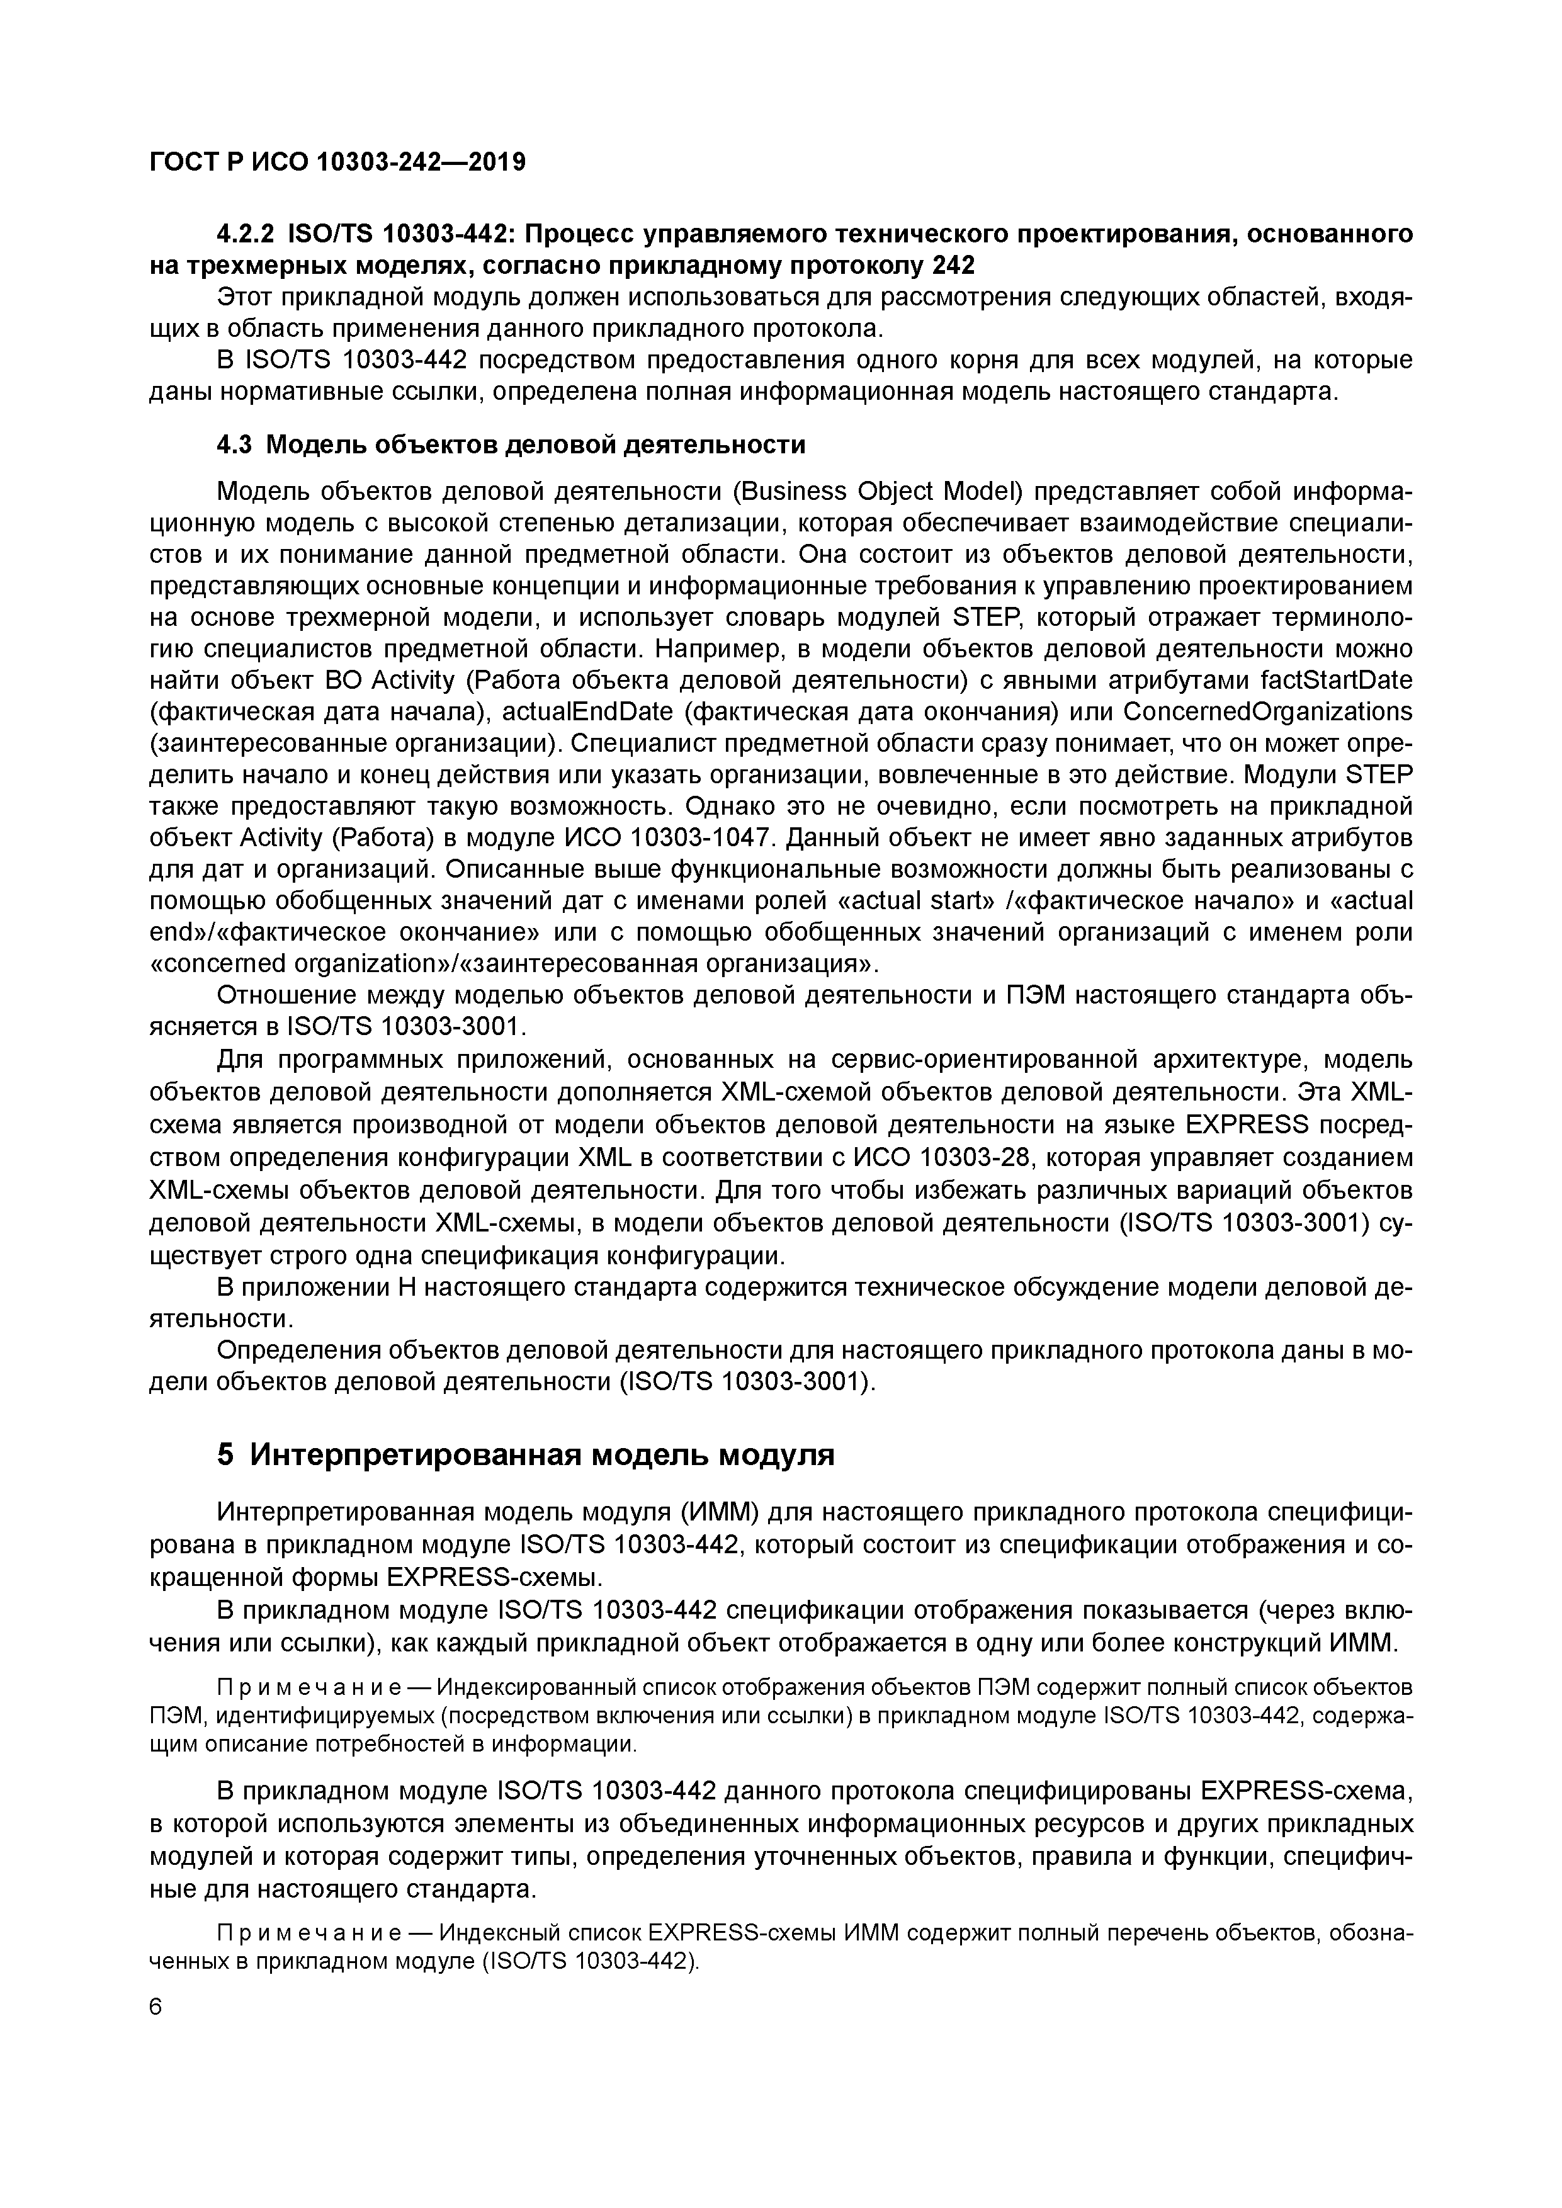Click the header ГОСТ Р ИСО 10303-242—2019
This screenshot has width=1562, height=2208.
(x=337, y=162)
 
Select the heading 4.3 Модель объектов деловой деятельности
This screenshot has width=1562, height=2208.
(x=511, y=444)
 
